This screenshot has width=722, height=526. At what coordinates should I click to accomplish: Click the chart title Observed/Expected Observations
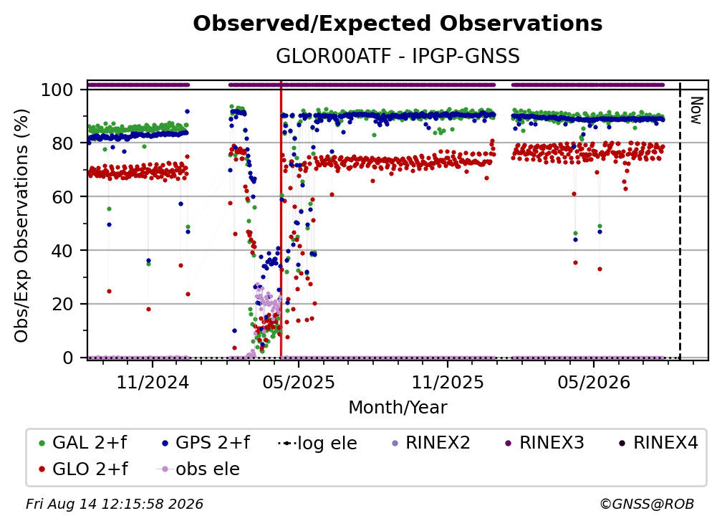(x=398, y=24)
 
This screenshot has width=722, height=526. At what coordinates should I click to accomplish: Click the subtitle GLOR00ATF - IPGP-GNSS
(x=398, y=56)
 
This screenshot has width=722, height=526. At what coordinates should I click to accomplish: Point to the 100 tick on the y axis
(x=57, y=90)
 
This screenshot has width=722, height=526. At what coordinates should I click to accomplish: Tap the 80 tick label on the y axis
(x=62, y=143)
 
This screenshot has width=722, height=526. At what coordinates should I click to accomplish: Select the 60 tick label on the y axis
(x=62, y=196)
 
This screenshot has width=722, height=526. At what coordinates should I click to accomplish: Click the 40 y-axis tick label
(x=62, y=251)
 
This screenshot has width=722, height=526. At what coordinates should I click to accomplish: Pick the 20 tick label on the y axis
(x=62, y=304)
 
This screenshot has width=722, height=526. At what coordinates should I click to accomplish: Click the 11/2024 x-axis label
(x=153, y=382)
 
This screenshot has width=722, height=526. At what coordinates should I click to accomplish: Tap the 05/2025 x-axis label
(x=299, y=382)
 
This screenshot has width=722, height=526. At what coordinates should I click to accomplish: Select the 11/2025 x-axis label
(x=448, y=382)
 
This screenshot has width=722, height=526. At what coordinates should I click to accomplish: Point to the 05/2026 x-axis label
(x=594, y=382)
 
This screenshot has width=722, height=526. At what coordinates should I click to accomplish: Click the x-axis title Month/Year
(x=398, y=408)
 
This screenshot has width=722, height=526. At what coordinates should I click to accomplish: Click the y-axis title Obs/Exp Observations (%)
(x=21, y=225)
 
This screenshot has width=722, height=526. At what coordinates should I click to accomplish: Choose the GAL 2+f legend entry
(x=82, y=443)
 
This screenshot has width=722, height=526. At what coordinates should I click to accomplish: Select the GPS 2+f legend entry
(x=206, y=443)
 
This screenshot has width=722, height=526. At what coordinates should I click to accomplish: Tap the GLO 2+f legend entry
(x=83, y=469)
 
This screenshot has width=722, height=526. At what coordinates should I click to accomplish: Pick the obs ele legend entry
(x=198, y=469)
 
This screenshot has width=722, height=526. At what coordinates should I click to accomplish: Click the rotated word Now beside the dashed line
(x=696, y=110)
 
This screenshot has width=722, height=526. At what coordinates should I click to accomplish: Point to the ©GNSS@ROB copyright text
(x=647, y=505)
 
